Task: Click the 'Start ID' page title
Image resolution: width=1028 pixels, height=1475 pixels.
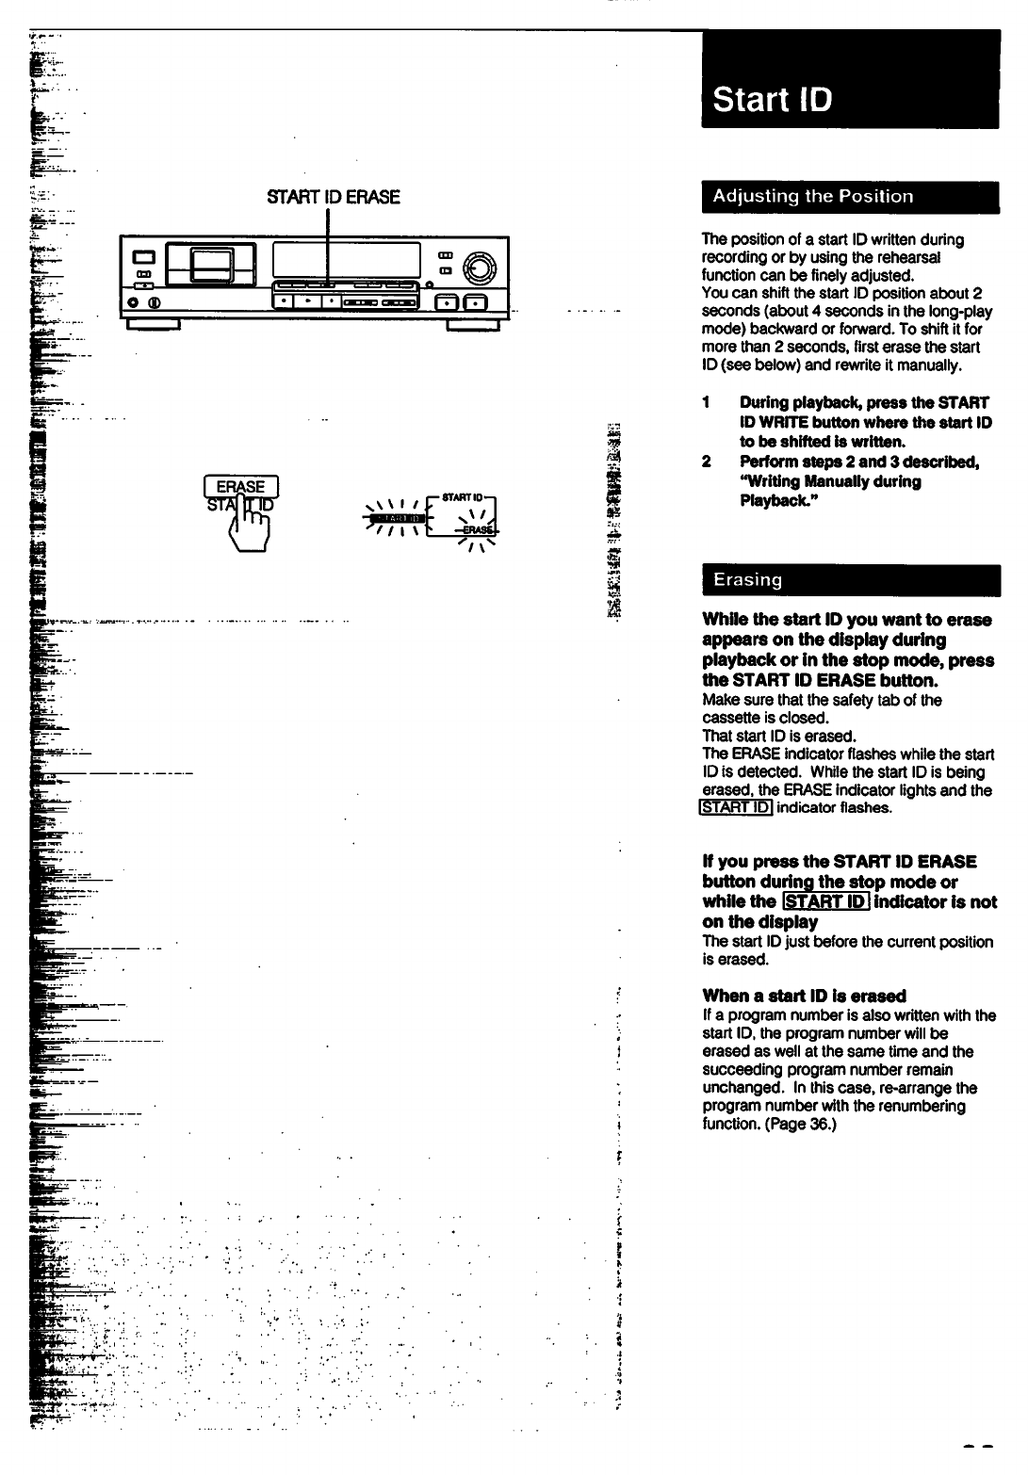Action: (x=773, y=99)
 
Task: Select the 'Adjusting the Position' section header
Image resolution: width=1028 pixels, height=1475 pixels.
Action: (x=812, y=197)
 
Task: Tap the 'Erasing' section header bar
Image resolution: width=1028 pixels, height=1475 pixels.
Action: (x=747, y=580)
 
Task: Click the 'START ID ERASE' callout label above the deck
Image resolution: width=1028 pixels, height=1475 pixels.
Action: (x=334, y=197)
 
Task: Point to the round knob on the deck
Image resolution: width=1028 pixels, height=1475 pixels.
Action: (x=480, y=267)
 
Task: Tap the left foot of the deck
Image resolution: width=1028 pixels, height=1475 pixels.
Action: (x=153, y=326)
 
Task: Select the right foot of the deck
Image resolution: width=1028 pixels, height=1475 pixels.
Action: (x=473, y=326)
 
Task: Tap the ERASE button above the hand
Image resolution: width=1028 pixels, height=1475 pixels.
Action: (x=241, y=486)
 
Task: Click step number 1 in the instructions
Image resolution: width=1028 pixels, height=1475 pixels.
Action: (x=706, y=403)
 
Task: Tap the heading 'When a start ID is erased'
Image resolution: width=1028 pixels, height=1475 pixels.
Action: (x=804, y=996)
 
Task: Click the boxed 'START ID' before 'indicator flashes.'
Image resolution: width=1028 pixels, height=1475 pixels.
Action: (x=736, y=808)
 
